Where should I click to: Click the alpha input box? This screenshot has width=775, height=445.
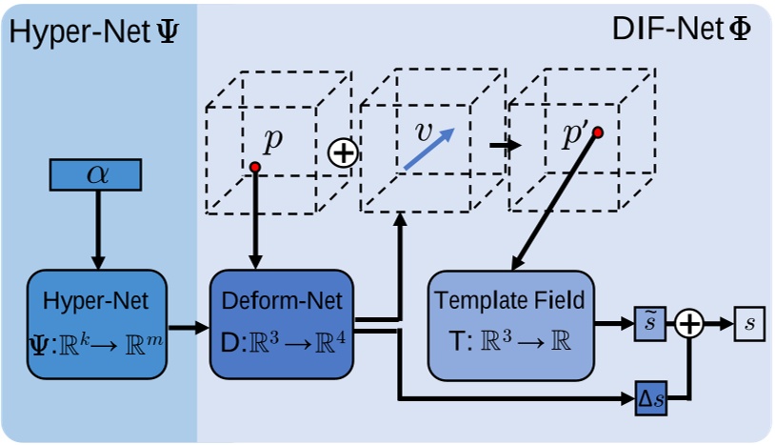coord(95,175)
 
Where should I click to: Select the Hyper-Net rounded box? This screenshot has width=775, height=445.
coord(97,319)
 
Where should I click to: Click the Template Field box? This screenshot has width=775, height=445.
coord(510,319)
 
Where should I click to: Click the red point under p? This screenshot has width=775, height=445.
coord(255,169)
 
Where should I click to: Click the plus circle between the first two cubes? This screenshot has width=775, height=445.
coord(342,152)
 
